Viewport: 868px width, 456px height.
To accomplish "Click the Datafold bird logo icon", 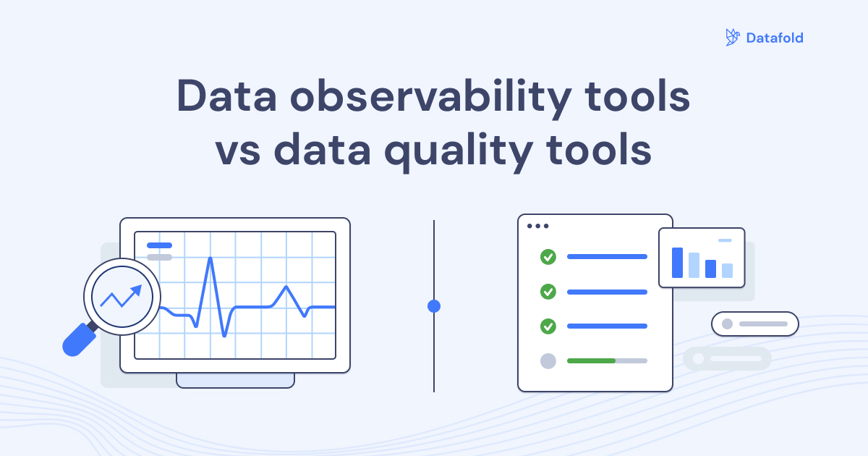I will click(732, 38).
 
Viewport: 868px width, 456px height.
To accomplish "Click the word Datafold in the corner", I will click(775, 38).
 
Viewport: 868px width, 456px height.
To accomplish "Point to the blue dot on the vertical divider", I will click(434, 306).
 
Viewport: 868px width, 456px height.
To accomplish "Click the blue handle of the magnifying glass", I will click(78, 340).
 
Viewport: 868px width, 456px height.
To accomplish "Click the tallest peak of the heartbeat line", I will click(210, 259).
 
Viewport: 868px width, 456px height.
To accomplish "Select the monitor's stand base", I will click(235, 380).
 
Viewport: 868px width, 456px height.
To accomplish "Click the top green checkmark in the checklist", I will click(548, 256).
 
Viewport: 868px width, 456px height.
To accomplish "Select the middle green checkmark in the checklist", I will click(548, 292).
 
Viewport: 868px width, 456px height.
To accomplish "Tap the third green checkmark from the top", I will click(548, 326).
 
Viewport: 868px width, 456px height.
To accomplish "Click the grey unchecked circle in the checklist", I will click(548, 360).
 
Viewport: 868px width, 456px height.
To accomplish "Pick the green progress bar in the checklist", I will click(590, 360).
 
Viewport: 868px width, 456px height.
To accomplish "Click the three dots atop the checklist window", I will click(537, 226).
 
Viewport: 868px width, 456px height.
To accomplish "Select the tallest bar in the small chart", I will click(677, 262).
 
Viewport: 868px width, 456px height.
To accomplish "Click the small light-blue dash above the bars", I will click(725, 240).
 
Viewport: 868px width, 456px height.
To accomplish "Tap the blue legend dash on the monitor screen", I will click(159, 245).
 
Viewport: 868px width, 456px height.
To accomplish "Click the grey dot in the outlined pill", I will click(727, 324).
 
